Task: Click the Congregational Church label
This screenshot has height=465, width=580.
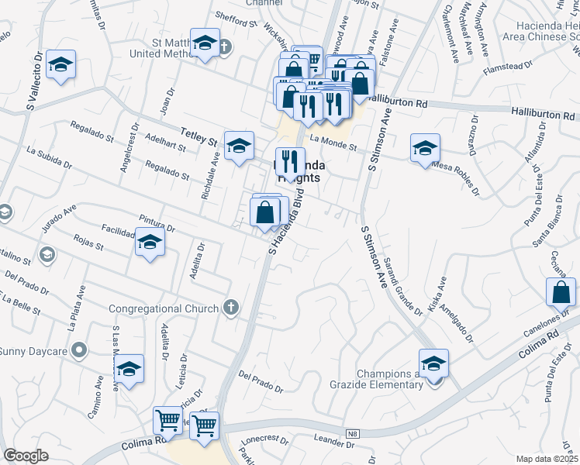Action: tap(164, 308)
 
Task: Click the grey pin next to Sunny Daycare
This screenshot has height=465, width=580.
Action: tap(79, 352)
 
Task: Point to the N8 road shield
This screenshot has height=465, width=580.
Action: tap(353, 433)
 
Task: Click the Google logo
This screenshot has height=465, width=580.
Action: tap(26, 456)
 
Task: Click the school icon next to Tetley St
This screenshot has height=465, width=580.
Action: tap(239, 144)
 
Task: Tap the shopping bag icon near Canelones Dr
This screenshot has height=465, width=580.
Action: tap(561, 293)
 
